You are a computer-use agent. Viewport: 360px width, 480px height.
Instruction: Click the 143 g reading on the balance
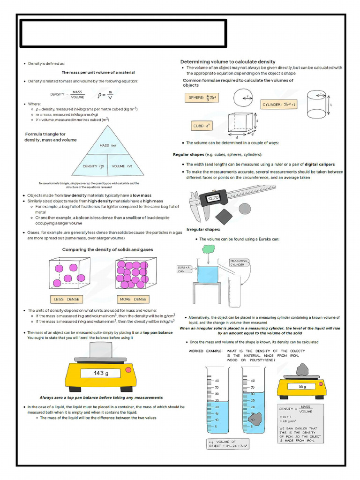point(100,373)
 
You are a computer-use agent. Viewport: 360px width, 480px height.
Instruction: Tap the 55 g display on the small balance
point(301,387)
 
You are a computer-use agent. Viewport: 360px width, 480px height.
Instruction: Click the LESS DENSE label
point(67,299)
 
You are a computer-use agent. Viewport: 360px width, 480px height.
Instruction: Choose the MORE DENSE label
point(133,299)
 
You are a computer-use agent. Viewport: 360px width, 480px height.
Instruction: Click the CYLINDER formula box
point(279,105)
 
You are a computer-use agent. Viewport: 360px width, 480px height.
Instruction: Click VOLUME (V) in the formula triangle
point(122,166)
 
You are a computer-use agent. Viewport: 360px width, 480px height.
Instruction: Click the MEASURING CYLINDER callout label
point(239,262)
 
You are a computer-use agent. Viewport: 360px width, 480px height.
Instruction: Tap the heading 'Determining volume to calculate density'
point(228,62)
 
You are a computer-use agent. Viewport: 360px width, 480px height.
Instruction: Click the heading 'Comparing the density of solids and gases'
point(107,250)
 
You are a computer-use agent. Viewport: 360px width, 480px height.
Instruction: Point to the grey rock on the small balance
point(302,369)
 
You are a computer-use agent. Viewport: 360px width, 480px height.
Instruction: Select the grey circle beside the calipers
point(245,208)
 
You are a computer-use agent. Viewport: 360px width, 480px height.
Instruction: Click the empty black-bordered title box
point(123,33)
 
